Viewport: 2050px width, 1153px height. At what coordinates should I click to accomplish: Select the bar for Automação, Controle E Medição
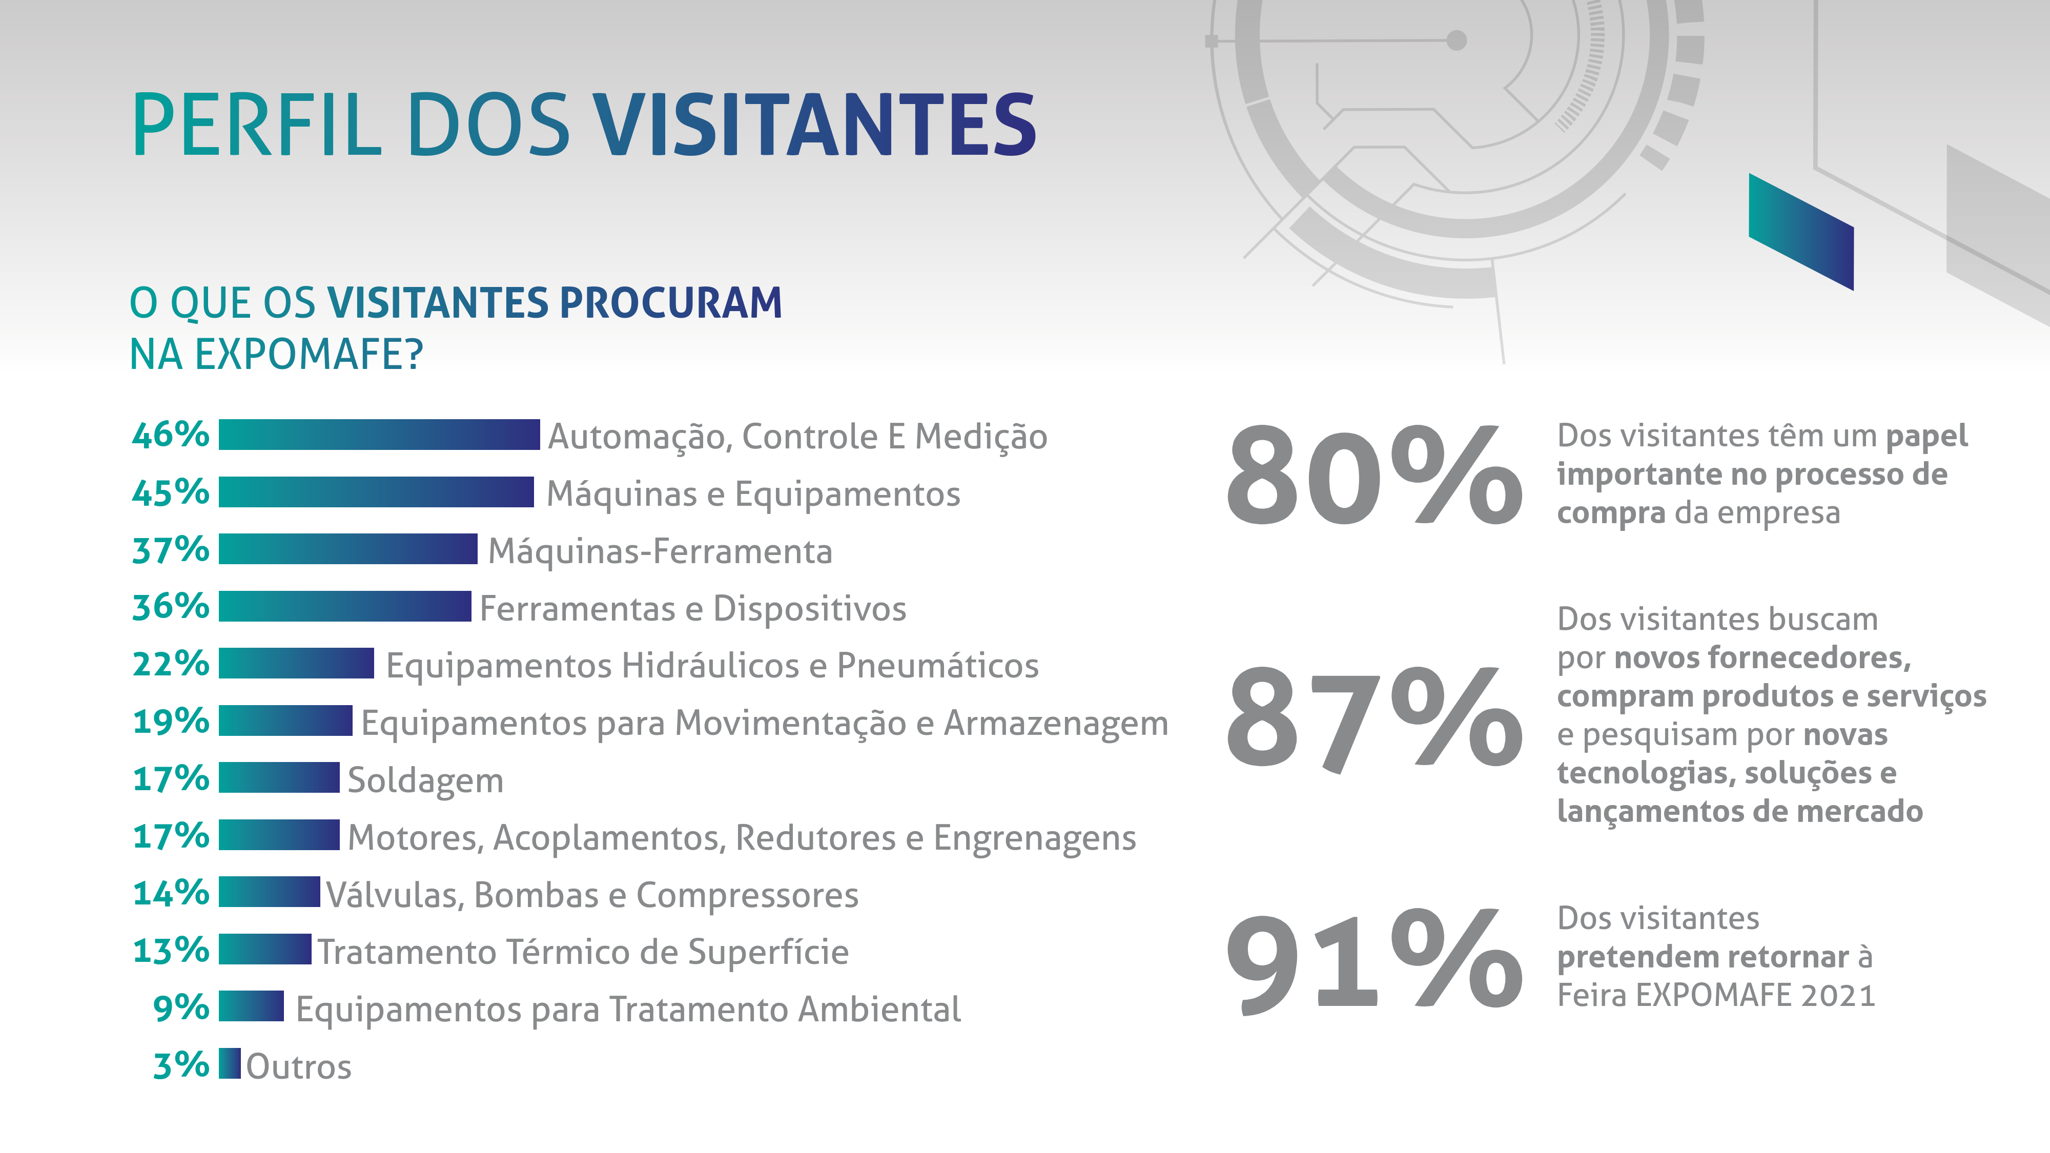tap(379, 435)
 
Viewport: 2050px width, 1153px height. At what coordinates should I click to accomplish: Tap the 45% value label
tap(170, 492)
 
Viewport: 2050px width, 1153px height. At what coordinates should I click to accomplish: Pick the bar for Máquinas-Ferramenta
tap(348, 549)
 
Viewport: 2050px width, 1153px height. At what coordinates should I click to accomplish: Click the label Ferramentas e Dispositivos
tap(692, 609)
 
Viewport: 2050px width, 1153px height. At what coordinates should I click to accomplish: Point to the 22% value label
tap(170, 664)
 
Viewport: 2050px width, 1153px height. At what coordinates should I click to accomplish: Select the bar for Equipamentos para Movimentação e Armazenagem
tap(285, 721)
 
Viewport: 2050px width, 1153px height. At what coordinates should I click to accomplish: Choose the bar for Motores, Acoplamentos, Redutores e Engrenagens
tap(278, 835)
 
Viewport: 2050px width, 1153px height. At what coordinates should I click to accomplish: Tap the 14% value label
tap(170, 893)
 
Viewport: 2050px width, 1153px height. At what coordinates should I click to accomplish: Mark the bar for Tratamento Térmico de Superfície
tap(264, 949)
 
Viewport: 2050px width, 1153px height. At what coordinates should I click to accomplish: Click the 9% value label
tap(180, 1007)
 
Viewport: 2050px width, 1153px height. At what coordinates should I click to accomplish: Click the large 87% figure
tap(1373, 718)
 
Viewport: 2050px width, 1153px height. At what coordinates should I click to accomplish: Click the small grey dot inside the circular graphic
tap(1457, 40)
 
